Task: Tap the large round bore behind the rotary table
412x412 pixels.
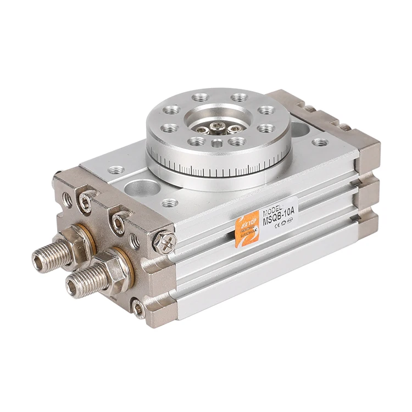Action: point(300,130)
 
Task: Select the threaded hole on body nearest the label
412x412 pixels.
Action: point(170,203)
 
